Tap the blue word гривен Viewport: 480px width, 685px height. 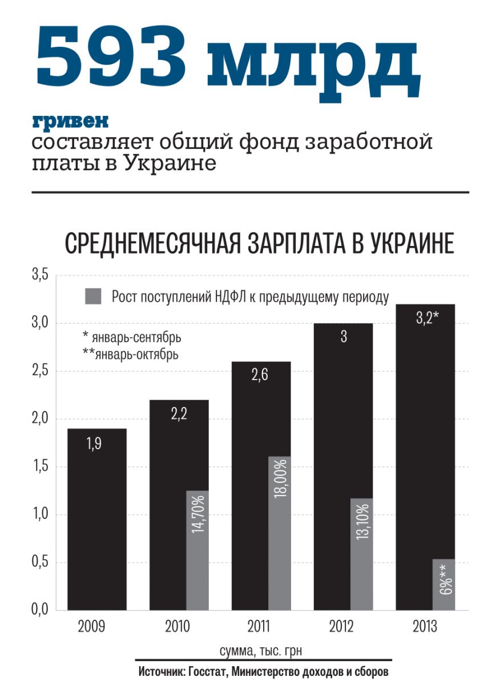tap(70, 122)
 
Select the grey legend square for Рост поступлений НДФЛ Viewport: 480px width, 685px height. tap(92, 296)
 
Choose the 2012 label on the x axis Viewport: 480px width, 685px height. tap(341, 627)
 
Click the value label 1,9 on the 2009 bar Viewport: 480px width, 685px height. tap(95, 443)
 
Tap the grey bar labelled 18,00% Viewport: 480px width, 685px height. tap(280, 533)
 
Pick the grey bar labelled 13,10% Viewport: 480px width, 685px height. tap(362, 554)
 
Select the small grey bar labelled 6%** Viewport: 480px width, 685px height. tap(444, 584)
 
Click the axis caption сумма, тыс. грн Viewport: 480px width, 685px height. tap(264, 651)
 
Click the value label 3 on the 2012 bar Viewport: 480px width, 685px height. tap(344, 337)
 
